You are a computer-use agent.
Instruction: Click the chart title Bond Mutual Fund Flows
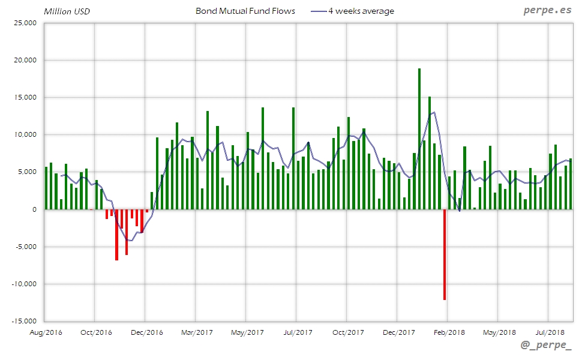point(245,11)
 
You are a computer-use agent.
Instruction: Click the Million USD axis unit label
point(66,11)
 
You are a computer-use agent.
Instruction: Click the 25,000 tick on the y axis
point(25,23)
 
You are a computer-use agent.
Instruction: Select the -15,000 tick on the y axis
point(24,321)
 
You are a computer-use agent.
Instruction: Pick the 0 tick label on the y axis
point(35,209)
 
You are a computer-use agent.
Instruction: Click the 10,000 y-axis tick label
point(25,135)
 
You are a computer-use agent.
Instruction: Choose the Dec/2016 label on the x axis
point(146,332)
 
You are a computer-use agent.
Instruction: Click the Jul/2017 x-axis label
point(297,332)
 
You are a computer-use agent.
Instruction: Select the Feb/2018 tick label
point(449,332)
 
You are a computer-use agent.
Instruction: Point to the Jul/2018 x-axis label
point(549,332)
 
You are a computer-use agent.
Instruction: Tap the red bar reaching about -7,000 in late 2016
point(116,235)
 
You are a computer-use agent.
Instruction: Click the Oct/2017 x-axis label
point(348,332)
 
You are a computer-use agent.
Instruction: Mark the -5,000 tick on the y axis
point(25,247)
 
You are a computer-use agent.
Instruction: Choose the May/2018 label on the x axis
point(499,332)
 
